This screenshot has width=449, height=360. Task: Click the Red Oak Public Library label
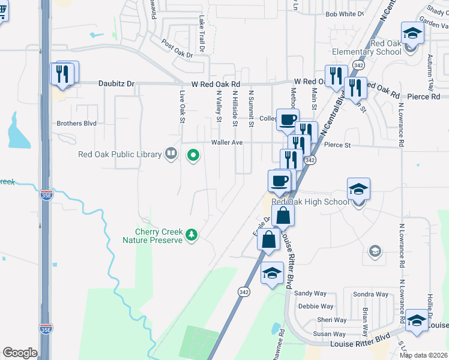120,154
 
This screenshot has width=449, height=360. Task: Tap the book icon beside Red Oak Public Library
171,154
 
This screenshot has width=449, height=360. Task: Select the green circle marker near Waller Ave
193,156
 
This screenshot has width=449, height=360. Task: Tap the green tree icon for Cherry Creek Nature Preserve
191,234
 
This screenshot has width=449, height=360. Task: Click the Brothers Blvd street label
76,124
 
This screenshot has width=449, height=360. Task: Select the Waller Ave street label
226,143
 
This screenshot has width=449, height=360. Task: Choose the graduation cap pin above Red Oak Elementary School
412,33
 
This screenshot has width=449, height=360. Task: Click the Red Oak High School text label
310,202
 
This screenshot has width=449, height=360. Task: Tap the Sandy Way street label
310,293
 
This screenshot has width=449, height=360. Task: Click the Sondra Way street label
370,294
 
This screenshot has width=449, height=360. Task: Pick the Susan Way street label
330,334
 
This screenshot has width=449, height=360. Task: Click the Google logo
20,353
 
